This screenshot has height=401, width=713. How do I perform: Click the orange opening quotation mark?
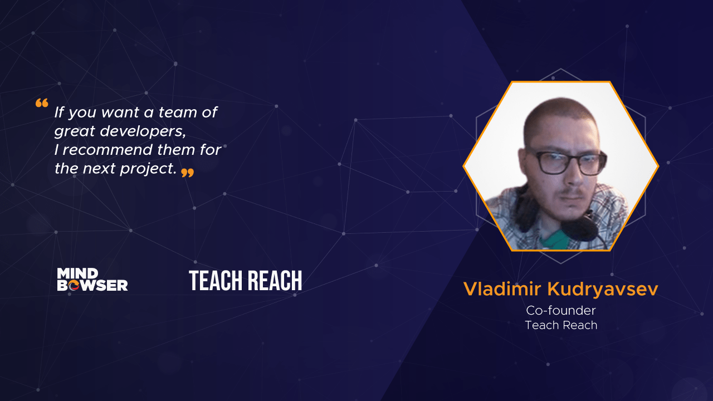click(42, 103)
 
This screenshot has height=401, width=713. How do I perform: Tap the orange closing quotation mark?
click(188, 173)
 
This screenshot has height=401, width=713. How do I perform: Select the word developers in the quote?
click(143, 131)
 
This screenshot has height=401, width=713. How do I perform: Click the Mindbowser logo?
click(92, 280)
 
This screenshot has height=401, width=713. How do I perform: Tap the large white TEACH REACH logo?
click(246, 280)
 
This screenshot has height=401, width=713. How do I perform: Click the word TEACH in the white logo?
click(216, 280)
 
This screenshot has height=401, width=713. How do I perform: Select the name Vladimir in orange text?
click(502, 289)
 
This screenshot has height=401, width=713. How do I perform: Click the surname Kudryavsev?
click(603, 289)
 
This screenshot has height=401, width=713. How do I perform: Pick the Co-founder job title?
click(561, 311)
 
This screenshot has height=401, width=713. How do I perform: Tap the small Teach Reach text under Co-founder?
click(561, 325)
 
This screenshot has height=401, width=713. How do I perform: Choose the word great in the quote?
click(75, 131)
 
